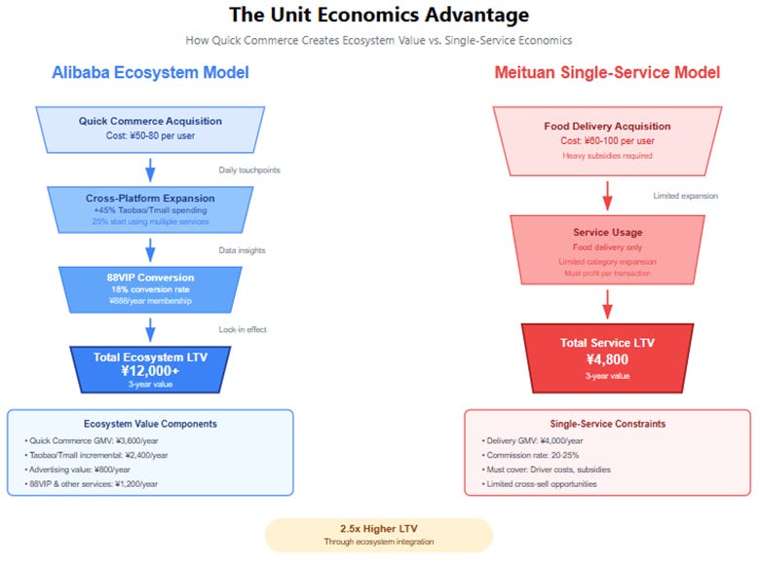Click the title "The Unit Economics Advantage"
point(380,16)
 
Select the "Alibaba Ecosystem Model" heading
point(151,73)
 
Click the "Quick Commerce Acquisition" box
point(150,129)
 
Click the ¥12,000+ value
point(150,371)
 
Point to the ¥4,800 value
point(607,359)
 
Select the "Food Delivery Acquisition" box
point(607,133)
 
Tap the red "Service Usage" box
point(607,249)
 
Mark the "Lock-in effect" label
point(242,330)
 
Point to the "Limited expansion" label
point(685,196)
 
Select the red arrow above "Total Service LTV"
point(607,304)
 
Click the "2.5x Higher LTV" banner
point(379,535)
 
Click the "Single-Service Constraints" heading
point(607,424)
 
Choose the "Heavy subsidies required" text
point(607,155)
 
